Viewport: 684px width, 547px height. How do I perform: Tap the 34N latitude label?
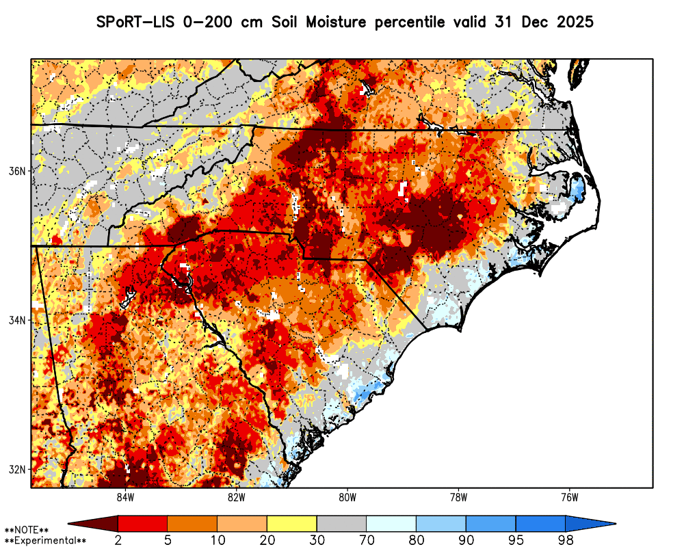[x=17, y=320]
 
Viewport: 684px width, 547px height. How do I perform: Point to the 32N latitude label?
[x=17, y=469]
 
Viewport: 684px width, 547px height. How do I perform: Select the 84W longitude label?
[x=125, y=497]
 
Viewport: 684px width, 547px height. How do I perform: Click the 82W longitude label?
[x=237, y=497]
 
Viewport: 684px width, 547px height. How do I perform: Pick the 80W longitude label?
[x=347, y=497]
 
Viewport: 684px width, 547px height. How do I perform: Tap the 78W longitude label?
[x=458, y=497]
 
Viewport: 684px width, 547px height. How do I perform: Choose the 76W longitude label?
[x=570, y=497]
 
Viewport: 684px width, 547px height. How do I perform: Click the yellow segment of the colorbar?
[x=292, y=524]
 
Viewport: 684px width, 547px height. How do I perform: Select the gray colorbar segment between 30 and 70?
[x=341, y=524]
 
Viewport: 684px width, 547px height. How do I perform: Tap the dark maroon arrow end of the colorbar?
[x=93, y=524]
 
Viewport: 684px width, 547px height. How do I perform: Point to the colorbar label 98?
[x=566, y=540]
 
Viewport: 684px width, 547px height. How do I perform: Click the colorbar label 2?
[x=118, y=540]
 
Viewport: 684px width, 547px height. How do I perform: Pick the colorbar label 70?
[x=367, y=540]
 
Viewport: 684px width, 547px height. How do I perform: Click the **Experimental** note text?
[x=45, y=541]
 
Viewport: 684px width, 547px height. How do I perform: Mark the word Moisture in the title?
[x=336, y=22]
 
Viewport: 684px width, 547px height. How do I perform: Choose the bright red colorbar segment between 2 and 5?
[x=143, y=524]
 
